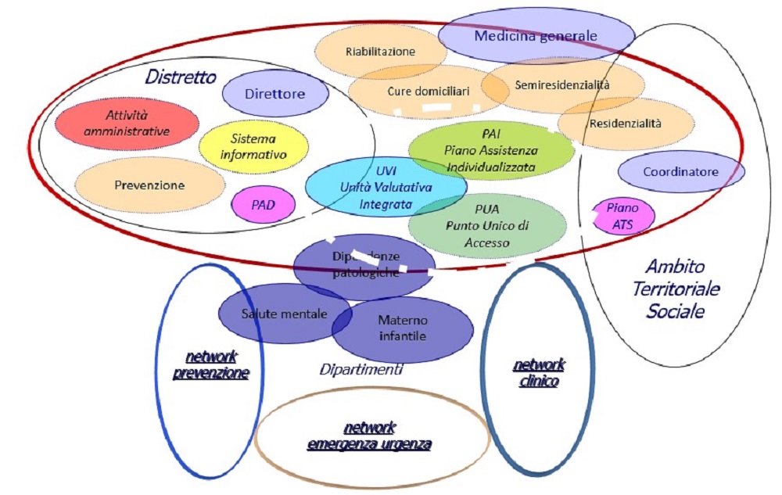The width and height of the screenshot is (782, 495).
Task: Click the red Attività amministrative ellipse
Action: [127, 124]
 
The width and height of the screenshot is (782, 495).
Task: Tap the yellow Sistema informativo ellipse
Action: [253, 146]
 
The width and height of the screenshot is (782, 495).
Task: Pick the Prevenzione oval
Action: [149, 185]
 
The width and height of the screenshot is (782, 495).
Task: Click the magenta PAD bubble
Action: [263, 206]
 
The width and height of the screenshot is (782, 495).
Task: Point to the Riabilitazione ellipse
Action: [381, 52]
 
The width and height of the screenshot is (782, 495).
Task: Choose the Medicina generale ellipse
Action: [536, 35]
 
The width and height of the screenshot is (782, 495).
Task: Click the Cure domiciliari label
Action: [429, 91]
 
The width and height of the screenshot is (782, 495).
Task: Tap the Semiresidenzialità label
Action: [562, 84]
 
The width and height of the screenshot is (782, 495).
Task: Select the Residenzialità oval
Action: [626, 123]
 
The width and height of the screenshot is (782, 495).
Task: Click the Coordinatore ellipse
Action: [680, 171]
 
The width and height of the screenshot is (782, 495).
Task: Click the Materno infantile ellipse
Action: [403, 328]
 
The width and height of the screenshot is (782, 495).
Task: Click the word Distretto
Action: [181, 77]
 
